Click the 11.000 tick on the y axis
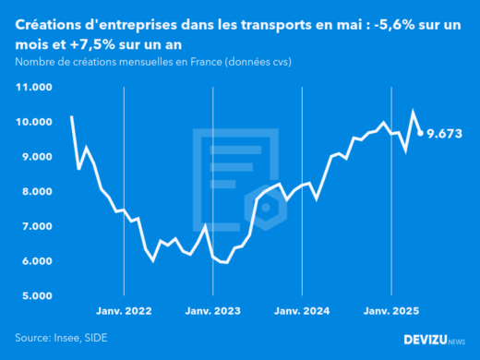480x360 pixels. coord(34,88)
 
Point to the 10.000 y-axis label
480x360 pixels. coord(34,122)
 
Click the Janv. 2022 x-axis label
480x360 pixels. coord(124,312)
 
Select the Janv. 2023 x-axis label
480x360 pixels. coord(213,312)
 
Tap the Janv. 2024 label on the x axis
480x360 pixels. coord(302,312)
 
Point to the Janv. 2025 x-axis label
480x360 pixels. coord(391,312)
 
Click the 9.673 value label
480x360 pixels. coord(445,134)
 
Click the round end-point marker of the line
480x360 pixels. coord(421,133)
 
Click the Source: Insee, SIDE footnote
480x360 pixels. coord(60,339)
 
